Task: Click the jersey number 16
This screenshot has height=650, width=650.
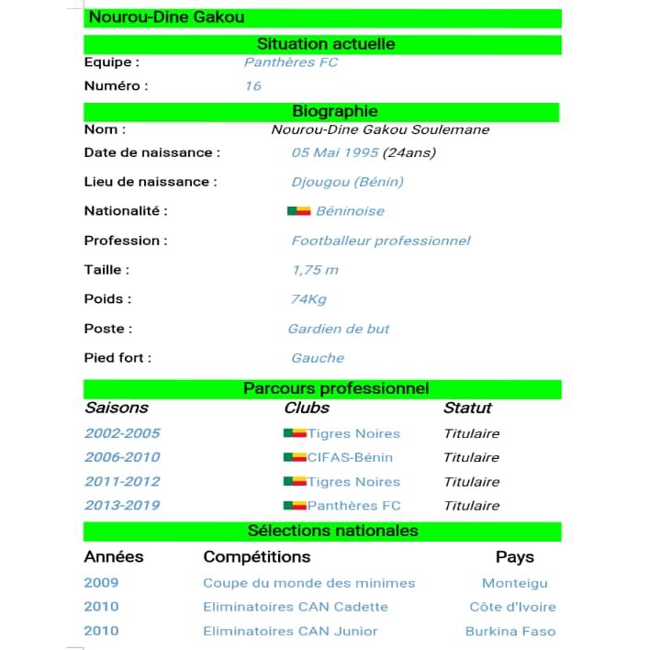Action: pyautogui.click(x=252, y=86)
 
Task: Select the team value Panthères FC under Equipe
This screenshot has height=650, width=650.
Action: pyautogui.click(x=290, y=62)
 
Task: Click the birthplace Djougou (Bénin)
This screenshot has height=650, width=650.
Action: pyautogui.click(x=347, y=182)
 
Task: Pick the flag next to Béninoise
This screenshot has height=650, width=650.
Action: pyautogui.click(x=298, y=211)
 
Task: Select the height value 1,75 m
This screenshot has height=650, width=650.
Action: pyautogui.click(x=315, y=270)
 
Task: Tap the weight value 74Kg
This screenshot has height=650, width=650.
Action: pyautogui.click(x=308, y=299)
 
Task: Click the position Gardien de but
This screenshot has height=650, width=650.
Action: pyautogui.click(x=339, y=329)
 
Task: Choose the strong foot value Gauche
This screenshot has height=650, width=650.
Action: pyautogui.click(x=318, y=358)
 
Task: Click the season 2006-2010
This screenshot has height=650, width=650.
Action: pyautogui.click(x=122, y=457)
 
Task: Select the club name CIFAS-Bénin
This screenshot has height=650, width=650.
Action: pyautogui.click(x=350, y=457)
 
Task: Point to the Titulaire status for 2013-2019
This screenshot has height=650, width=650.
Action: pyautogui.click(x=471, y=505)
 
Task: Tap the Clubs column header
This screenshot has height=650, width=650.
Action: pyautogui.click(x=307, y=409)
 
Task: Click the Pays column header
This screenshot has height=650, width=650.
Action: pyautogui.click(x=514, y=557)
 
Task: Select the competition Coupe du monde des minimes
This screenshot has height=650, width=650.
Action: pyautogui.click(x=308, y=583)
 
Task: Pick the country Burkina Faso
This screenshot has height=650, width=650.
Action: pyautogui.click(x=510, y=631)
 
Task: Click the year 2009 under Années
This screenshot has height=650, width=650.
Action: pyautogui.click(x=101, y=583)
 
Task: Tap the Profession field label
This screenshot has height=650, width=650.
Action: pyautogui.click(x=126, y=241)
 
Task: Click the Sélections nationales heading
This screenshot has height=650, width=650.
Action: pyautogui.click(x=332, y=532)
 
